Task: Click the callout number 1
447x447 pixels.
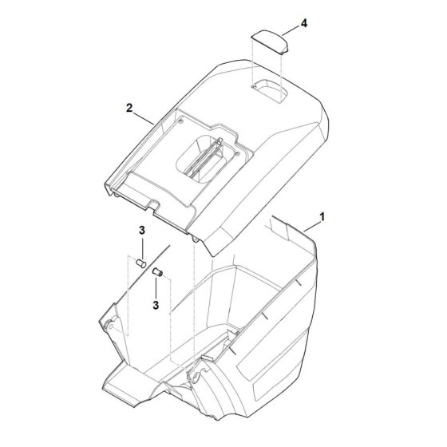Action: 322,217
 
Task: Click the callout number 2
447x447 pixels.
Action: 129,109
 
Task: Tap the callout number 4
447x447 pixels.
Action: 304,23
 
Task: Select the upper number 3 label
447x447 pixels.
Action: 142,231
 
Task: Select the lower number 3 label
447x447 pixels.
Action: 156,305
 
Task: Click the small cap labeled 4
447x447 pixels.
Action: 270,42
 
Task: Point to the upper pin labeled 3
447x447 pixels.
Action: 140,263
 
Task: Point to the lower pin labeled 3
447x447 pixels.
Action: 158,272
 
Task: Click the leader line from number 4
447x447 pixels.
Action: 291,30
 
